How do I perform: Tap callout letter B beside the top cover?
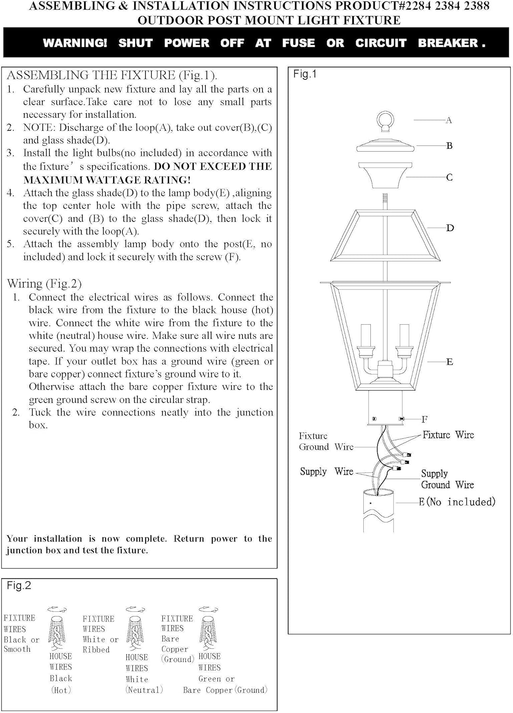(449, 146)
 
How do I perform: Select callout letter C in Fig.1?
(449, 177)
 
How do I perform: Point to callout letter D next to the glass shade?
(450, 228)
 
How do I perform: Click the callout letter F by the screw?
(425, 419)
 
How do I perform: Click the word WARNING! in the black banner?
(75, 43)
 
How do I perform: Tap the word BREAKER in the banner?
(448, 43)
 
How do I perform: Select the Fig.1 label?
(305, 74)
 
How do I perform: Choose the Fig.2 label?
(19, 586)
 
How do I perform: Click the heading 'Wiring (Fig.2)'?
(44, 284)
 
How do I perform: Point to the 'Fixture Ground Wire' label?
(326, 441)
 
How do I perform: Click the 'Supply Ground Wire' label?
(447, 479)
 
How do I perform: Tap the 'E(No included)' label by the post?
(457, 502)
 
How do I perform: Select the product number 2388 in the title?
(475, 7)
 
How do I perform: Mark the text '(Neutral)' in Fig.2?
(144, 690)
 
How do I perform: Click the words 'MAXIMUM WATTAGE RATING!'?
(107, 180)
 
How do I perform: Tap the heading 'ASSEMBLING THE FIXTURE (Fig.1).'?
(112, 75)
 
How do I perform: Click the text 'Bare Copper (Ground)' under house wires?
(225, 690)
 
